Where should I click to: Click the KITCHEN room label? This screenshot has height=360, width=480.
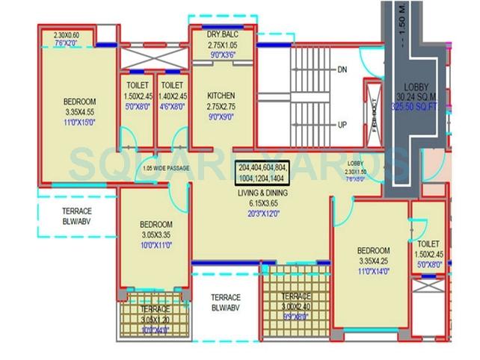point(221,96)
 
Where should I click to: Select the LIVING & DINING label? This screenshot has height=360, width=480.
point(262,193)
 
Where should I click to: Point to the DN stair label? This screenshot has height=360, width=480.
point(342,69)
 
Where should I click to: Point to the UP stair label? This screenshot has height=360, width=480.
point(342,125)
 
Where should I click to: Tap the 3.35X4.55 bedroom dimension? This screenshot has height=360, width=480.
point(79,111)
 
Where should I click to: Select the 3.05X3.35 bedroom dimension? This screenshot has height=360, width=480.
point(156,235)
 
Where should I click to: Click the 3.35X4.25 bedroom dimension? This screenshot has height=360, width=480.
point(372,261)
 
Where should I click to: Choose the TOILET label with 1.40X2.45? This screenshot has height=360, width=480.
point(173,96)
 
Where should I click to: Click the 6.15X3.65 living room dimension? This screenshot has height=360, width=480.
point(262,202)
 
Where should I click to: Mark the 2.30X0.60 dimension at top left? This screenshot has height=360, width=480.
point(70,34)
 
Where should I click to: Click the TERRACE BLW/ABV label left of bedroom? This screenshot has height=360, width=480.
point(77,216)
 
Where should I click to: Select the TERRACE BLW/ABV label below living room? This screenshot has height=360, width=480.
point(225,302)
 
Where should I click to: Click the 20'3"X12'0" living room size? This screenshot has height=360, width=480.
point(262,212)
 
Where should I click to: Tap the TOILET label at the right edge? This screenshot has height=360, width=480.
point(428,244)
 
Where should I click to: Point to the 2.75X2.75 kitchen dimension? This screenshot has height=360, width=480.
point(221,106)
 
